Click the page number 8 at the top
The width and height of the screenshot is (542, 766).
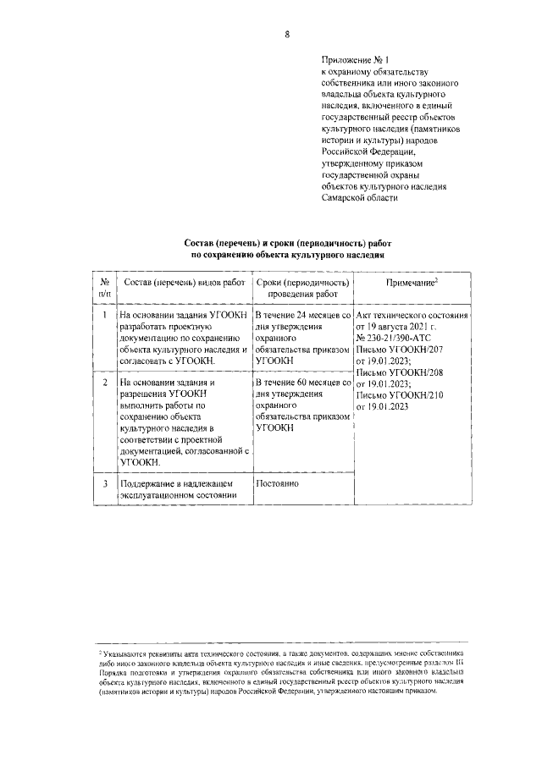tap(287, 35)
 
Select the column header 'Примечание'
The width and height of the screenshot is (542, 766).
tap(412, 282)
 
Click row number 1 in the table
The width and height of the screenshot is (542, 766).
tap(102, 315)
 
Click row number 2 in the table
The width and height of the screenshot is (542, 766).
tap(102, 383)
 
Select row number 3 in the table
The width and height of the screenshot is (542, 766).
tap(102, 484)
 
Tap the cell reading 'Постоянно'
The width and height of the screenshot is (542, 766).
tap(278, 484)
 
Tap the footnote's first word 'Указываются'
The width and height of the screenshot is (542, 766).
tap(124, 654)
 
